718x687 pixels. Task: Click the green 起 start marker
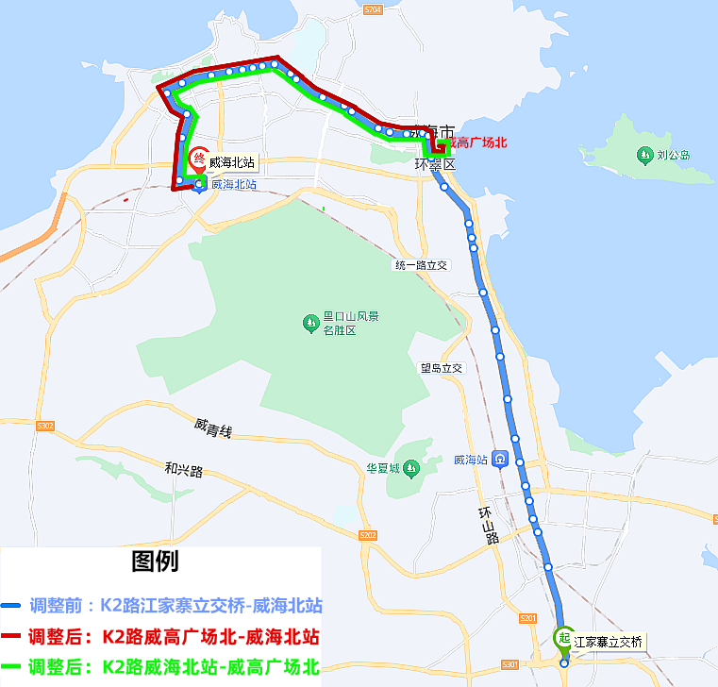point(564,638)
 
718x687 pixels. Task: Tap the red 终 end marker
point(199,159)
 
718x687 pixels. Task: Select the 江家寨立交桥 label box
point(609,642)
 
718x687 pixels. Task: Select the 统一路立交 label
point(422,266)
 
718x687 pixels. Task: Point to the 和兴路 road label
point(184,469)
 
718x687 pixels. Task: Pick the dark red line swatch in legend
point(12,636)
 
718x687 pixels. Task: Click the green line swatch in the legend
point(12,668)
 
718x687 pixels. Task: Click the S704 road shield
point(373,9)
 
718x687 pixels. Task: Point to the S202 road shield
point(368,536)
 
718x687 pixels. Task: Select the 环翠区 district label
point(435,164)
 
